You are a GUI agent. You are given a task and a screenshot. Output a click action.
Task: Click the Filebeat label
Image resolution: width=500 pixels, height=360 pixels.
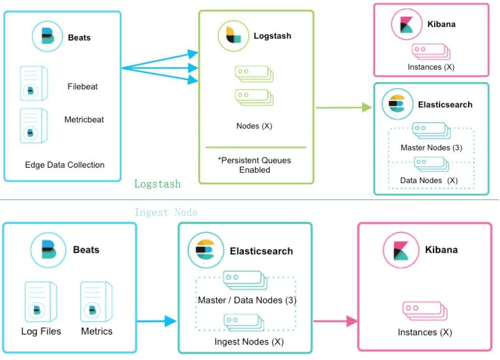pyautogui.click(x=83, y=87)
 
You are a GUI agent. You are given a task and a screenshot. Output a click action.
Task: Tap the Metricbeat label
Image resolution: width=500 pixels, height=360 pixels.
pyautogui.click(x=84, y=119)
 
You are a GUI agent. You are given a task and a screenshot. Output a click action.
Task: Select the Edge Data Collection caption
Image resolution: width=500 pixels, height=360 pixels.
pyautogui.click(x=65, y=165)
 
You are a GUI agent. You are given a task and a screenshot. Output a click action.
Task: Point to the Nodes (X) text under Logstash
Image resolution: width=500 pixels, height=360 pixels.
pyautogui.click(x=254, y=126)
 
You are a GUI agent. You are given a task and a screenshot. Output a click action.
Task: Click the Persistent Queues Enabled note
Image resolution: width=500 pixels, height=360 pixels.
pyautogui.click(x=255, y=165)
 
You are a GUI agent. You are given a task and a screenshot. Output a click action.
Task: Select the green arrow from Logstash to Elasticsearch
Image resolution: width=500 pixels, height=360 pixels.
pyautogui.click(x=343, y=108)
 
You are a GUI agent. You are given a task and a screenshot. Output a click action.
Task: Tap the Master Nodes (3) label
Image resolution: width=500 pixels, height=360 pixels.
pyautogui.click(x=431, y=147)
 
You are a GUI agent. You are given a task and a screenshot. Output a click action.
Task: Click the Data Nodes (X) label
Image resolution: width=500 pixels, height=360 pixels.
pyautogui.click(x=428, y=180)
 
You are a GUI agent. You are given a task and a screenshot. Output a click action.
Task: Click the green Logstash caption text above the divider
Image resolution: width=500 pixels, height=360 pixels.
pyautogui.click(x=158, y=184)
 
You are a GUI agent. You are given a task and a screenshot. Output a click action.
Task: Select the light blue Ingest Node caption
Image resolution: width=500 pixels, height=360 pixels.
pyautogui.click(x=166, y=213)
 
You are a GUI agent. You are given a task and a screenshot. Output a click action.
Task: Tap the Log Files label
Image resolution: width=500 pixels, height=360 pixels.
pyautogui.click(x=41, y=331)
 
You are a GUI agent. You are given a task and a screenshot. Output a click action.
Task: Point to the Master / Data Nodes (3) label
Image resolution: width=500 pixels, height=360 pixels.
pyautogui.click(x=247, y=300)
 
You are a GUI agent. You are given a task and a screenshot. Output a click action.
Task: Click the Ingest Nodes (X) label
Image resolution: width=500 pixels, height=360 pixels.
pyautogui.click(x=249, y=342)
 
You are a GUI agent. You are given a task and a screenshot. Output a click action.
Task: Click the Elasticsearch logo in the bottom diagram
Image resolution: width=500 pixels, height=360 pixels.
pyautogui.click(x=205, y=250)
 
